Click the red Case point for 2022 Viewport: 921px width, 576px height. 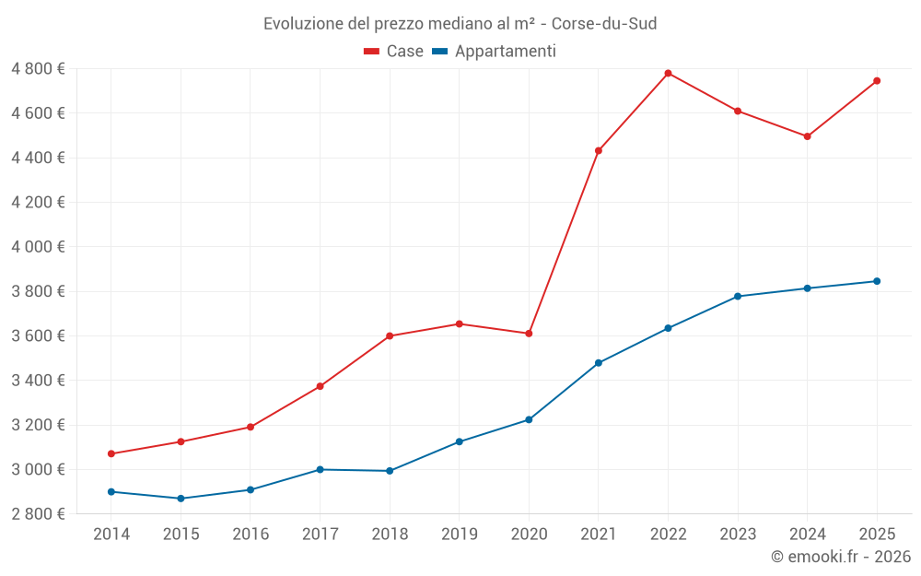(668, 74)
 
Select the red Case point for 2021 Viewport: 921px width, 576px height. (599, 150)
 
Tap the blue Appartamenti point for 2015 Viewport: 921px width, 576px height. (181, 499)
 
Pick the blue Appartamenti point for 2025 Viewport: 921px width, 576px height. (877, 281)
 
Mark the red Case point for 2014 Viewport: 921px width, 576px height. (111, 453)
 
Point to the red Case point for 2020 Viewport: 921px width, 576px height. (529, 334)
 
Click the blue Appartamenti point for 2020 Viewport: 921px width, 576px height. (529, 420)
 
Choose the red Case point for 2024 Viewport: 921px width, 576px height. (807, 136)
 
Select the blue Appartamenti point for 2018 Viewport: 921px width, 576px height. (390, 471)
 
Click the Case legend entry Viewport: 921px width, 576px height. (394, 52)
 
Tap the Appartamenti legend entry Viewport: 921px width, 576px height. (495, 52)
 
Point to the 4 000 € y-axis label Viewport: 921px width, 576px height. (39, 247)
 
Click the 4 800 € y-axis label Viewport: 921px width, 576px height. (39, 69)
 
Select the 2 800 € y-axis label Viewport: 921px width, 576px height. (39, 514)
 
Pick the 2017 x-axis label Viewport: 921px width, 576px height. (320, 534)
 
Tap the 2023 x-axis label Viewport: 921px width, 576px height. (738, 534)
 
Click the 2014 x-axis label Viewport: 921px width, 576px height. (111, 534)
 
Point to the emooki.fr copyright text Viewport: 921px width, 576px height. (841, 557)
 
